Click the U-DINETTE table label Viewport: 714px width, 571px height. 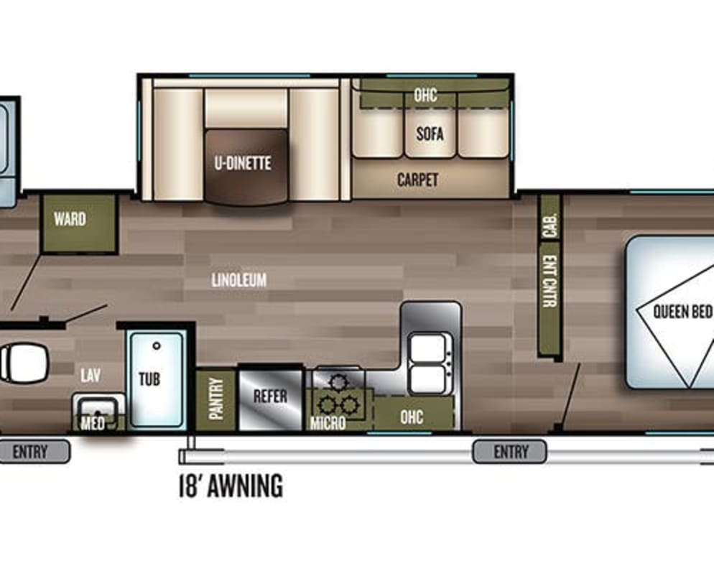(243, 163)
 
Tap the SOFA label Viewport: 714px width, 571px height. (430, 134)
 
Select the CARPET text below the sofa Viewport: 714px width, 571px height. (417, 180)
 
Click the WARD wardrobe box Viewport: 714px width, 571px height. (79, 223)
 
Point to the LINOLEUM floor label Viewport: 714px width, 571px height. (239, 279)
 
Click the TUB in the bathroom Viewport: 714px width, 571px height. (157, 379)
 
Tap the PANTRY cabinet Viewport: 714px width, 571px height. (215, 399)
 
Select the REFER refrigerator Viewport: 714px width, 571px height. (271, 399)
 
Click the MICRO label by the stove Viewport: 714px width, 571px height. (328, 423)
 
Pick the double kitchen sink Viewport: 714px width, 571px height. (429, 364)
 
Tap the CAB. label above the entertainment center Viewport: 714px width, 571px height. (550, 226)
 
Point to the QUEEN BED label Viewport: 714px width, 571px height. (682, 312)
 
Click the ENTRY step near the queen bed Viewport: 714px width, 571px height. (509, 452)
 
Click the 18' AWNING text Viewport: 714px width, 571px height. (231, 486)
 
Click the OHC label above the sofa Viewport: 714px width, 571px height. (425, 95)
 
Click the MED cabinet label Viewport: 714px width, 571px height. (93, 424)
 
